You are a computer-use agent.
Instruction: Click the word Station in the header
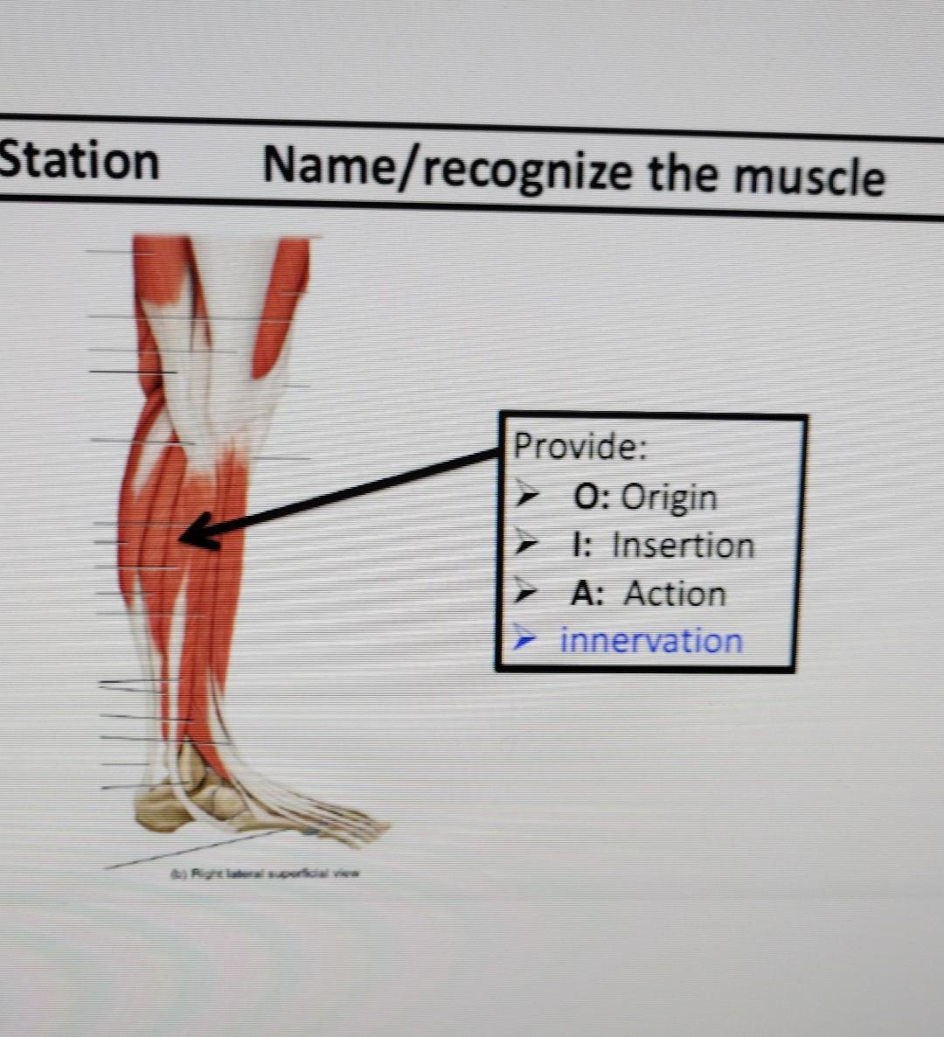click(79, 162)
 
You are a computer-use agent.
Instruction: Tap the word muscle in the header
click(809, 176)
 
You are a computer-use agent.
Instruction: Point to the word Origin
click(669, 498)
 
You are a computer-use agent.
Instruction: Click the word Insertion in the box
click(683, 546)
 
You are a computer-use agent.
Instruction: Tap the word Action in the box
click(675, 594)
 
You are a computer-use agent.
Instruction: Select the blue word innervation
click(651, 641)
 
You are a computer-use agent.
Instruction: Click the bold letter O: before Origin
click(593, 497)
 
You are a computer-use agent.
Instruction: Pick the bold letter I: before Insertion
click(581, 546)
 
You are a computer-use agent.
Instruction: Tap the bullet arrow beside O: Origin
click(526, 495)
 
